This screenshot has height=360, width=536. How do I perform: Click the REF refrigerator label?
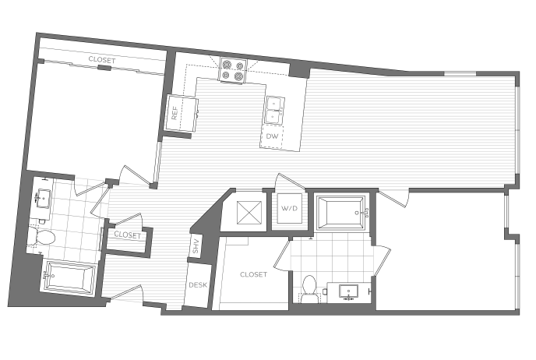pos(175,113)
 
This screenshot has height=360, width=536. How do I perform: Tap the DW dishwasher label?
pos(272,136)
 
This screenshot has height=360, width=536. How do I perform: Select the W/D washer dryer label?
pos(289,208)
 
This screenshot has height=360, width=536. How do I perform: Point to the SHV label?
pos(196,246)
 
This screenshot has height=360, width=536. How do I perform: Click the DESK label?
pos(198,284)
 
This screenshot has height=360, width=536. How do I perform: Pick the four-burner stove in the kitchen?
pos(233,70)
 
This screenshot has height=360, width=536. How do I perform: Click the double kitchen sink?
pos(273,110)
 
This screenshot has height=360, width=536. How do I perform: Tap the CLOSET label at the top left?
pos(102,60)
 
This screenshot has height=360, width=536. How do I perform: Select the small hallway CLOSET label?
pos(128,235)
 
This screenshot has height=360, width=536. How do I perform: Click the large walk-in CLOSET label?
pos(254,274)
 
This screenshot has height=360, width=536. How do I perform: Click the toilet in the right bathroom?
pos(309,289)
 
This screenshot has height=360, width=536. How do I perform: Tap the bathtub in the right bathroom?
pos(340,213)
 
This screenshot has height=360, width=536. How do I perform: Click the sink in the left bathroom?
pos(44,198)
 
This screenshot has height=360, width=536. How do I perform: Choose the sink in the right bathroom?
pos(348,291)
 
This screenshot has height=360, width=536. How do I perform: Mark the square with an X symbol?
pos(249,213)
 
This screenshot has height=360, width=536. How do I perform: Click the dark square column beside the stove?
pos(299,71)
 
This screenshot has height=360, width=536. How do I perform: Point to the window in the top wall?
pos(460,73)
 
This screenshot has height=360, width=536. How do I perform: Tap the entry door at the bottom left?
pos(126,293)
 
